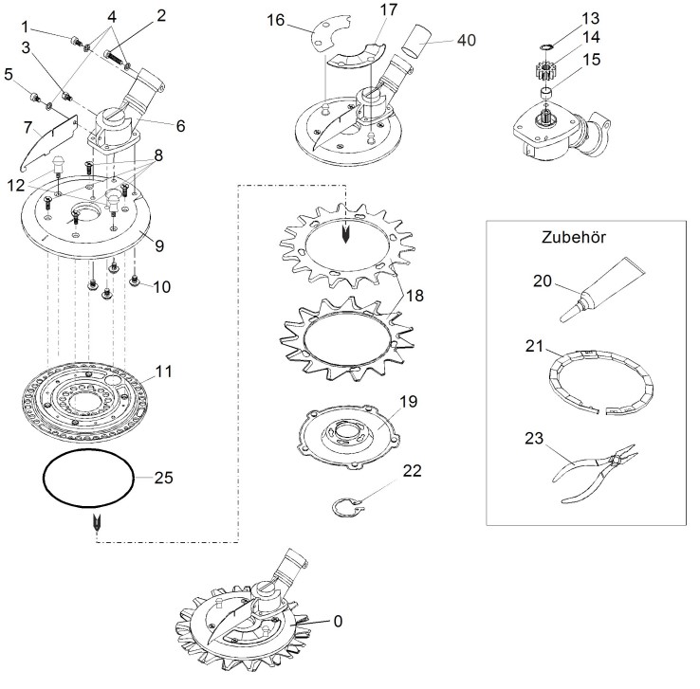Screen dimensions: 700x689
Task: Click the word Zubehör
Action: (574, 237)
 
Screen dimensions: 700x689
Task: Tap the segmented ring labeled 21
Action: (600, 382)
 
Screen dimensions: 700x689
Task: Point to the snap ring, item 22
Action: (348, 507)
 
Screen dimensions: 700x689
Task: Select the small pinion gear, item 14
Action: (544, 71)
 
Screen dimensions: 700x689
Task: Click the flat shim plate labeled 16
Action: (331, 34)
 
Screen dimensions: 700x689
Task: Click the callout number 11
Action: (163, 371)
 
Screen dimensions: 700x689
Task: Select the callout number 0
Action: (338, 621)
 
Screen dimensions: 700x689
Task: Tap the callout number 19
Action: (408, 401)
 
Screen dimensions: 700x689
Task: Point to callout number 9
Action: (159, 245)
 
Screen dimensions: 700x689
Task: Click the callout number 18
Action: (414, 296)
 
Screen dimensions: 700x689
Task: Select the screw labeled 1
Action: (76, 42)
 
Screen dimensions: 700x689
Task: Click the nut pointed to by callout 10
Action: (134, 281)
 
